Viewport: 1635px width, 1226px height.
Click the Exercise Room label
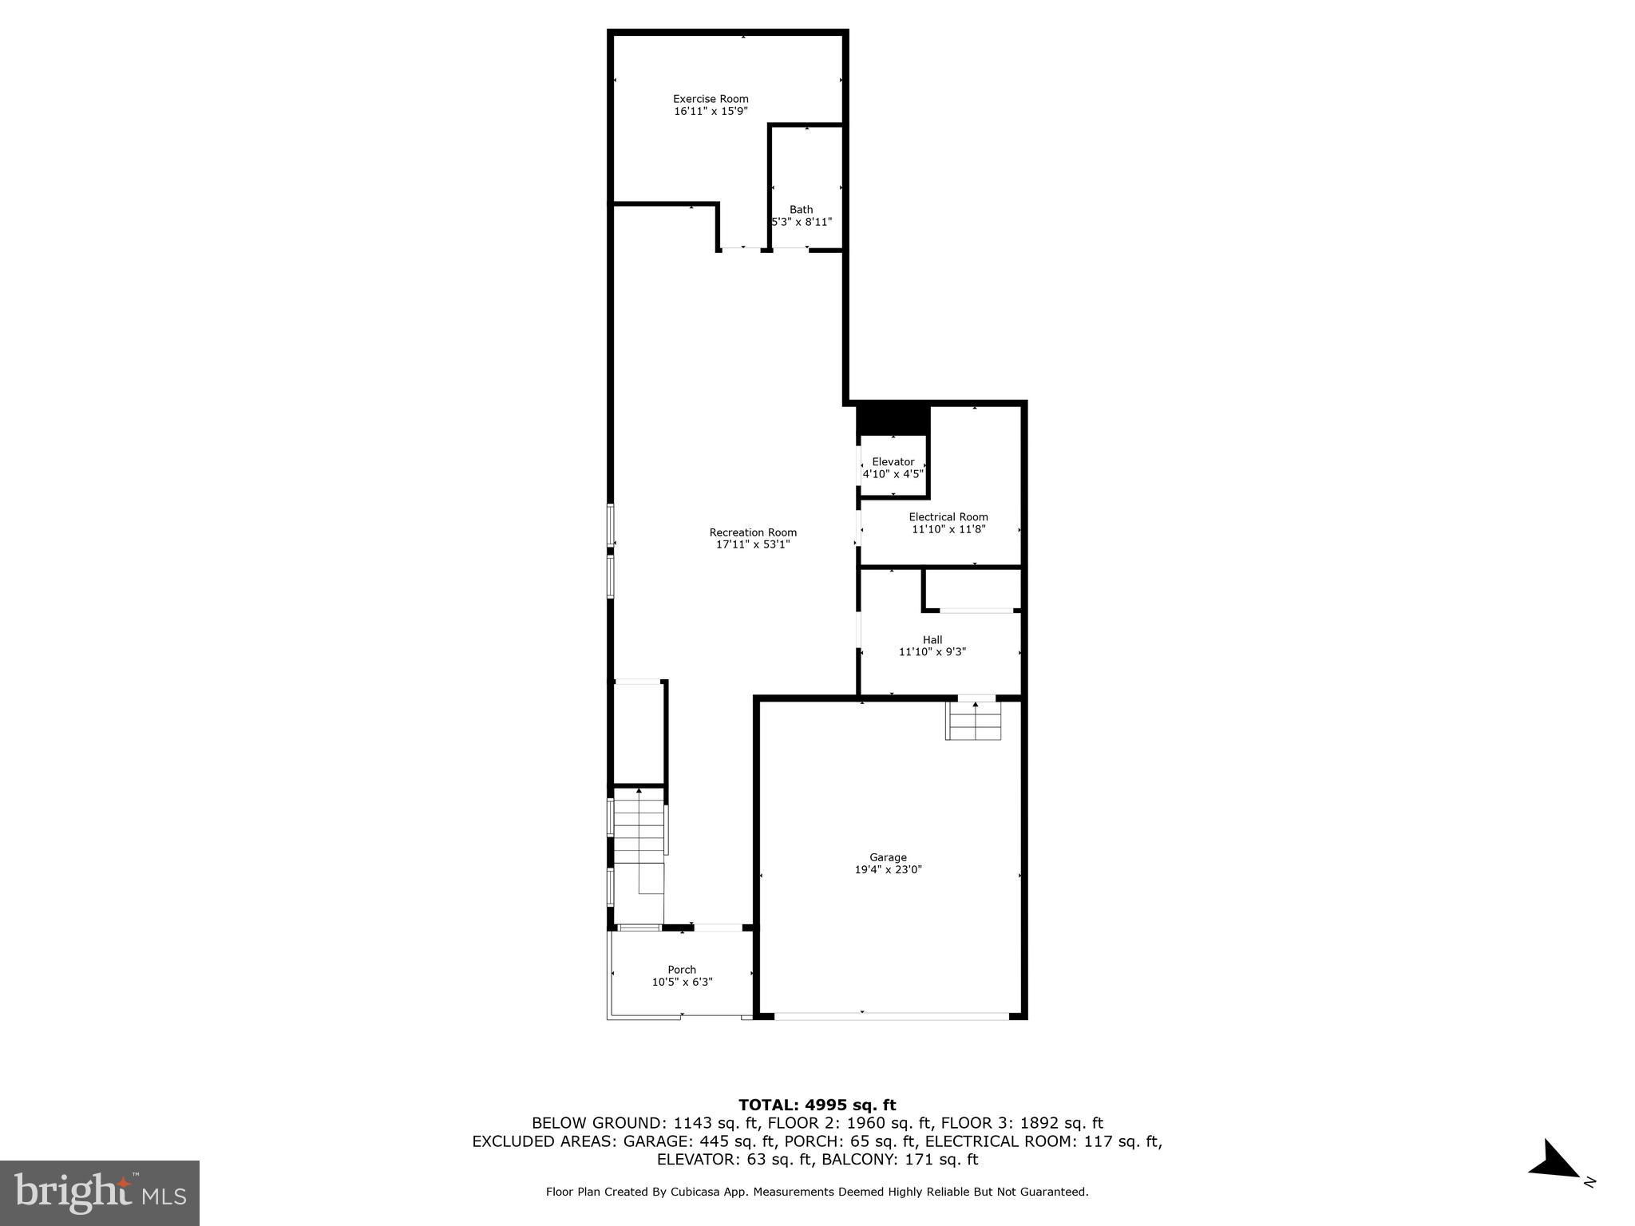coord(711,99)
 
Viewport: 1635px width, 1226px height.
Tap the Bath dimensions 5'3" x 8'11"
coord(802,222)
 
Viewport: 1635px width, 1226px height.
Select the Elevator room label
coord(893,461)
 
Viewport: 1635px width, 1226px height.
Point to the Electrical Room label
coord(948,516)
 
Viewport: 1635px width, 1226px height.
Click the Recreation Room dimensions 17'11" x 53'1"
coord(753,544)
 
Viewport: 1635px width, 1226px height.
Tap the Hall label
coord(932,639)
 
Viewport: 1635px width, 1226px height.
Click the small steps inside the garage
coord(973,721)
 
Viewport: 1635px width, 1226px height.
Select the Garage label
coord(888,857)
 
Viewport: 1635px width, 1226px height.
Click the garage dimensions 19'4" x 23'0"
coord(888,870)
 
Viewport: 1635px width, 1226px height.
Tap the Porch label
coord(682,970)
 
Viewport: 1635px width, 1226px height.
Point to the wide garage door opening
coord(892,1016)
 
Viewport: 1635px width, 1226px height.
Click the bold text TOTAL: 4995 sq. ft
coord(817,1105)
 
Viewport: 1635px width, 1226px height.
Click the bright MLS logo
coord(100,1192)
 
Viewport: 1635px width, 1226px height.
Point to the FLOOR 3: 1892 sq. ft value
coord(1022,1123)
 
